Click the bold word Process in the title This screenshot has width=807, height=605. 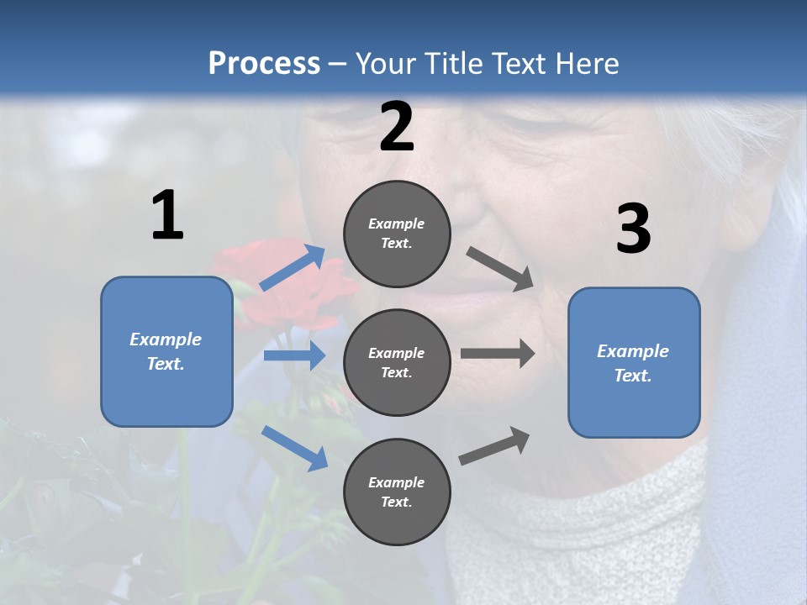(x=264, y=63)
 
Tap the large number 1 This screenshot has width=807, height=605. (x=167, y=215)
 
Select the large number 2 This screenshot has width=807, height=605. (x=397, y=127)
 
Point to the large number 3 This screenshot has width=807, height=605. (x=633, y=229)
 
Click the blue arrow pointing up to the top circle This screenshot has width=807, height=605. (x=293, y=267)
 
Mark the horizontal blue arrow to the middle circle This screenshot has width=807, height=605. (x=294, y=355)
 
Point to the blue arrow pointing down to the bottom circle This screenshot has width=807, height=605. (x=294, y=447)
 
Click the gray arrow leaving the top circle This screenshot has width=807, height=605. (x=499, y=269)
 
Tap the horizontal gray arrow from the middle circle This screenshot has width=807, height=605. (x=497, y=353)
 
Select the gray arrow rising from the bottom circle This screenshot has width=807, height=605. (x=494, y=445)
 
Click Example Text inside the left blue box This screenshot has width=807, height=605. (x=166, y=351)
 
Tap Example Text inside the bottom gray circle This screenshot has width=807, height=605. (x=397, y=492)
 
